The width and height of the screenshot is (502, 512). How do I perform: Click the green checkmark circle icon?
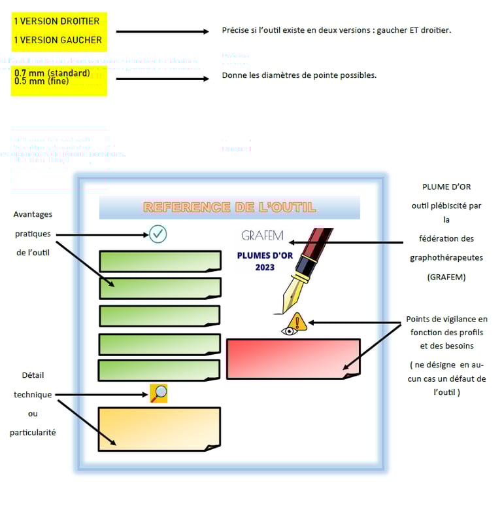point(158,234)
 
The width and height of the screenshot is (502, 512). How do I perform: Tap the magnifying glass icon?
point(159,393)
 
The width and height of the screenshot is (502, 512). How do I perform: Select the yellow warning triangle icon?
point(298,321)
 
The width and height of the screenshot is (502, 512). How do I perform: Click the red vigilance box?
point(293,358)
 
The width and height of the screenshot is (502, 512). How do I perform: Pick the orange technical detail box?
point(159,429)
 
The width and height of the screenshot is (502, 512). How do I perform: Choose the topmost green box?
point(159,261)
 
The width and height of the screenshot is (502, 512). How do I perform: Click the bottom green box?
point(159,370)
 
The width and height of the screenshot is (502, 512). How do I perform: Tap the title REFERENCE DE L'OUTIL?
point(229,208)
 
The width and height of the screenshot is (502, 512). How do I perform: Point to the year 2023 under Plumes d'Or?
point(265,267)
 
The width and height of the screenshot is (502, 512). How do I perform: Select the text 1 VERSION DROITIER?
point(57,22)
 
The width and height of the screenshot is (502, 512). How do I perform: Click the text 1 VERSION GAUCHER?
point(58,40)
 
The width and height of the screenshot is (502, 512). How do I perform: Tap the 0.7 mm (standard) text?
point(52,73)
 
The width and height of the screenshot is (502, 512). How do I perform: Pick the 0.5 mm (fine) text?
point(41,81)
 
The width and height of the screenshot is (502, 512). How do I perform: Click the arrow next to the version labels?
point(161,31)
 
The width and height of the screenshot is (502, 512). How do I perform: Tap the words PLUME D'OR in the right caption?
point(446,187)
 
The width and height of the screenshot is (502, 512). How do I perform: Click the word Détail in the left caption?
point(33,375)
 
